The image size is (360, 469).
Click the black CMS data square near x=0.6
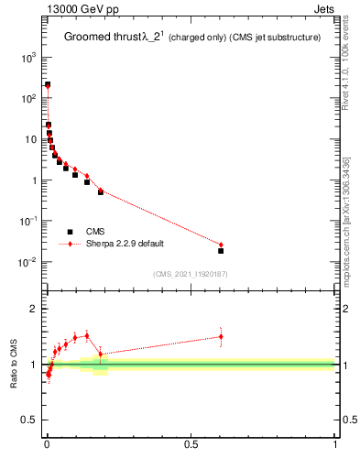click(221, 250)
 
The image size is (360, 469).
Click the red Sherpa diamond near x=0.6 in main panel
click(221, 245)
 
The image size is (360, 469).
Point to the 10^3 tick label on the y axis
click(27, 57)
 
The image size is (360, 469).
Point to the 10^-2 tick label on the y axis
click(27, 263)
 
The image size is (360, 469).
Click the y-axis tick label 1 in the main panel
click(34, 180)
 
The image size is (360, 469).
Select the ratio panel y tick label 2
click(34, 309)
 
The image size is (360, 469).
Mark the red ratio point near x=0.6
click(221, 336)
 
